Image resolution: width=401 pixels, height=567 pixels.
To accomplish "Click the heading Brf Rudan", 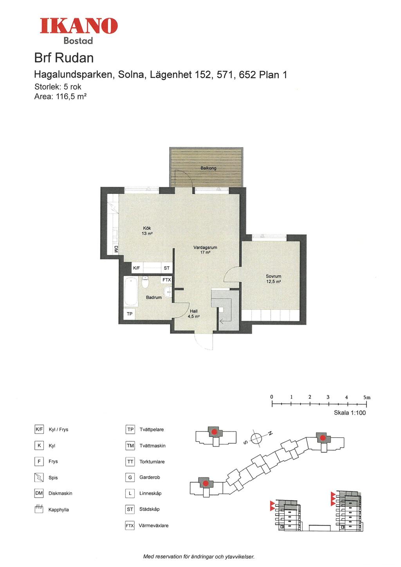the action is (64, 58).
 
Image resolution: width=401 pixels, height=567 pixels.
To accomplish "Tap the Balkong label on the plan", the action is (208, 168).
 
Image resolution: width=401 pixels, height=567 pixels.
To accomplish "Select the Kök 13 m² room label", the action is (147, 231).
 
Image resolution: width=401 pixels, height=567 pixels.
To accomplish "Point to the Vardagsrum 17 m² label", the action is (205, 250).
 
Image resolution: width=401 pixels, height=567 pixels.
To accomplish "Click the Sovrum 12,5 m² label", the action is (273, 279).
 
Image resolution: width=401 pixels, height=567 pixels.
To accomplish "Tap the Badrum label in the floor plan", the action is (154, 298).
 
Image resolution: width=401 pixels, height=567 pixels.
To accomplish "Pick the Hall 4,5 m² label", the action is (194, 314).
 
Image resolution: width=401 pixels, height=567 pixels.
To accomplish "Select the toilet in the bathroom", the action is (145, 282).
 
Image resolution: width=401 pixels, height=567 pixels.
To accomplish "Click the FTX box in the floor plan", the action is (166, 280).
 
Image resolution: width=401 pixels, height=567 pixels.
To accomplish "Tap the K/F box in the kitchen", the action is (136, 268).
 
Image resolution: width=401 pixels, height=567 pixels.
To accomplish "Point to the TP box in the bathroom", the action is (129, 314).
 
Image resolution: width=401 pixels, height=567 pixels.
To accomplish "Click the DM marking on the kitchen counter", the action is (116, 249).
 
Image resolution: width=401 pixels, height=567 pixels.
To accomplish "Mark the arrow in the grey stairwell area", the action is (224, 322).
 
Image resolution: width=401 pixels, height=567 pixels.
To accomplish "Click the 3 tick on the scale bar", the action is (328, 404).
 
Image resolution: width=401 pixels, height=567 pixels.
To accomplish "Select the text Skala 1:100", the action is (350, 413).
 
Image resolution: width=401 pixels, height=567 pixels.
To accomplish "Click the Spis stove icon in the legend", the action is (39, 477).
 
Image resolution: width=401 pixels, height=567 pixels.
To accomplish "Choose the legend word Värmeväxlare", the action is (154, 525).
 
